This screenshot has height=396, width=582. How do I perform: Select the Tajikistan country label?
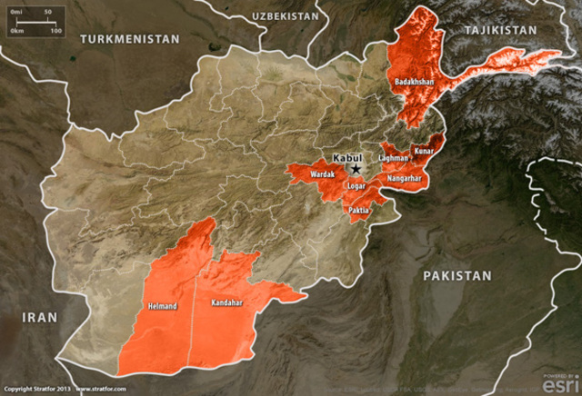click(x=500, y=30)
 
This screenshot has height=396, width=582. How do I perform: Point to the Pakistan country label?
click(x=457, y=275)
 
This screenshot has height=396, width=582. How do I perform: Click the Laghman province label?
click(x=394, y=158)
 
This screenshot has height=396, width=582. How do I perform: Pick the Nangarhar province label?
click(x=404, y=179)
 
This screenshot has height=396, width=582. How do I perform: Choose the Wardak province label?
click(x=323, y=173)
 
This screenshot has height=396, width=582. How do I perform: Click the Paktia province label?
click(x=359, y=210)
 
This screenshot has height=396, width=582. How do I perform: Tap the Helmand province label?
click(x=163, y=306)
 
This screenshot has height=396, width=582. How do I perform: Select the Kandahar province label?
click(x=226, y=302)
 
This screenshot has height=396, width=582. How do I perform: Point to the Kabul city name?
click(x=347, y=157)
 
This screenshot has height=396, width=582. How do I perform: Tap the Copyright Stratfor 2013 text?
click(x=35, y=390)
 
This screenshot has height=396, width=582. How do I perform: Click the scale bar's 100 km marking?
click(x=56, y=30)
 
